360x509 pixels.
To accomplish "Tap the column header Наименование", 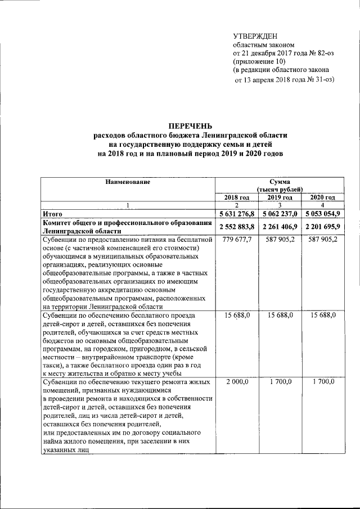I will tap(127, 182).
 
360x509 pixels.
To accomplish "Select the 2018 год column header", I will tap(236, 197).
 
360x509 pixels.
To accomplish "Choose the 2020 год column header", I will tap(323, 197).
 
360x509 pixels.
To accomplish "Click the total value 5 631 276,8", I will tap(237, 214).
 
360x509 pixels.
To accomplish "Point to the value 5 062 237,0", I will tap(280, 214).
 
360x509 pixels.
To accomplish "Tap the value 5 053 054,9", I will tap(323, 214).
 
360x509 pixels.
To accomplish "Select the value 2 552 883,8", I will tap(237, 226).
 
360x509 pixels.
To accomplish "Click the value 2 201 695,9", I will tap(323, 226).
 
